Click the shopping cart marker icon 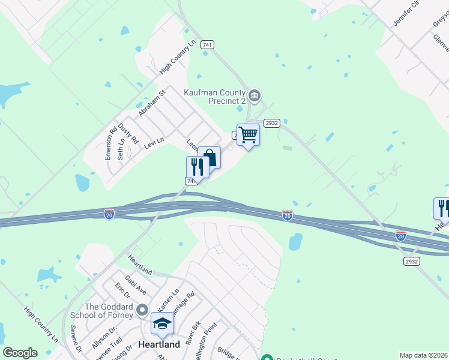[x=248, y=135]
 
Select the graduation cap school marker [x=162, y=324]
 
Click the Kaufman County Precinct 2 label [x=214, y=96]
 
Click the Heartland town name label [x=159, y=345]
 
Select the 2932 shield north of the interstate [x=272, y=122]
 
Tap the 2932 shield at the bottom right [x=411, y=262]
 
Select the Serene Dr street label [x=76, y=340]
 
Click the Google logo [x=20, y=353]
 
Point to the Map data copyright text [x=424, y=355]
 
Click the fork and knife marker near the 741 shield [x=197, y=166]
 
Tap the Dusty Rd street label [x=128, y=134]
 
